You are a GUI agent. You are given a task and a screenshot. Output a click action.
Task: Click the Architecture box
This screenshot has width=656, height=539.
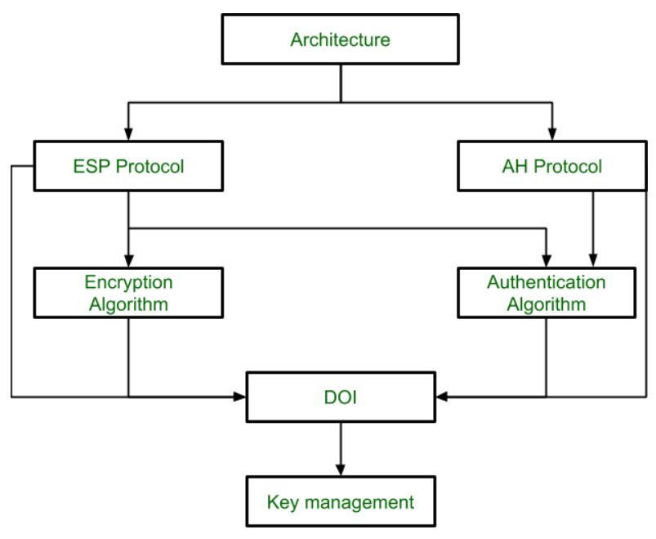coord(341,38)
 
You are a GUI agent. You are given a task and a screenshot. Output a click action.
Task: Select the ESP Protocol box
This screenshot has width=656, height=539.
coord(128,167)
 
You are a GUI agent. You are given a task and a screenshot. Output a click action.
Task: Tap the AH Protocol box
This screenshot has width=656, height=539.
coord(553,167)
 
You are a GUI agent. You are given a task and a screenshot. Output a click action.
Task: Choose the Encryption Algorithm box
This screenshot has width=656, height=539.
coord(128,294)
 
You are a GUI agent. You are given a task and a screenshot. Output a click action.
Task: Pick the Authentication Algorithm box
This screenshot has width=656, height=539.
coord(547,294)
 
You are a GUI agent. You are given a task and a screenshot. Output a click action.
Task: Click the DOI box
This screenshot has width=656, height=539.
coord(341,397)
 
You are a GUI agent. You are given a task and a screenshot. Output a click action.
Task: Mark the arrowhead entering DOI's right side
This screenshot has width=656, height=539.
coord(443,397)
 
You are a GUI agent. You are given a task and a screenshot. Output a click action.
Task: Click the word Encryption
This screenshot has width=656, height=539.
coord(128,283)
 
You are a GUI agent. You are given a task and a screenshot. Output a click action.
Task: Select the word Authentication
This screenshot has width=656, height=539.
coord(547,283)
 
